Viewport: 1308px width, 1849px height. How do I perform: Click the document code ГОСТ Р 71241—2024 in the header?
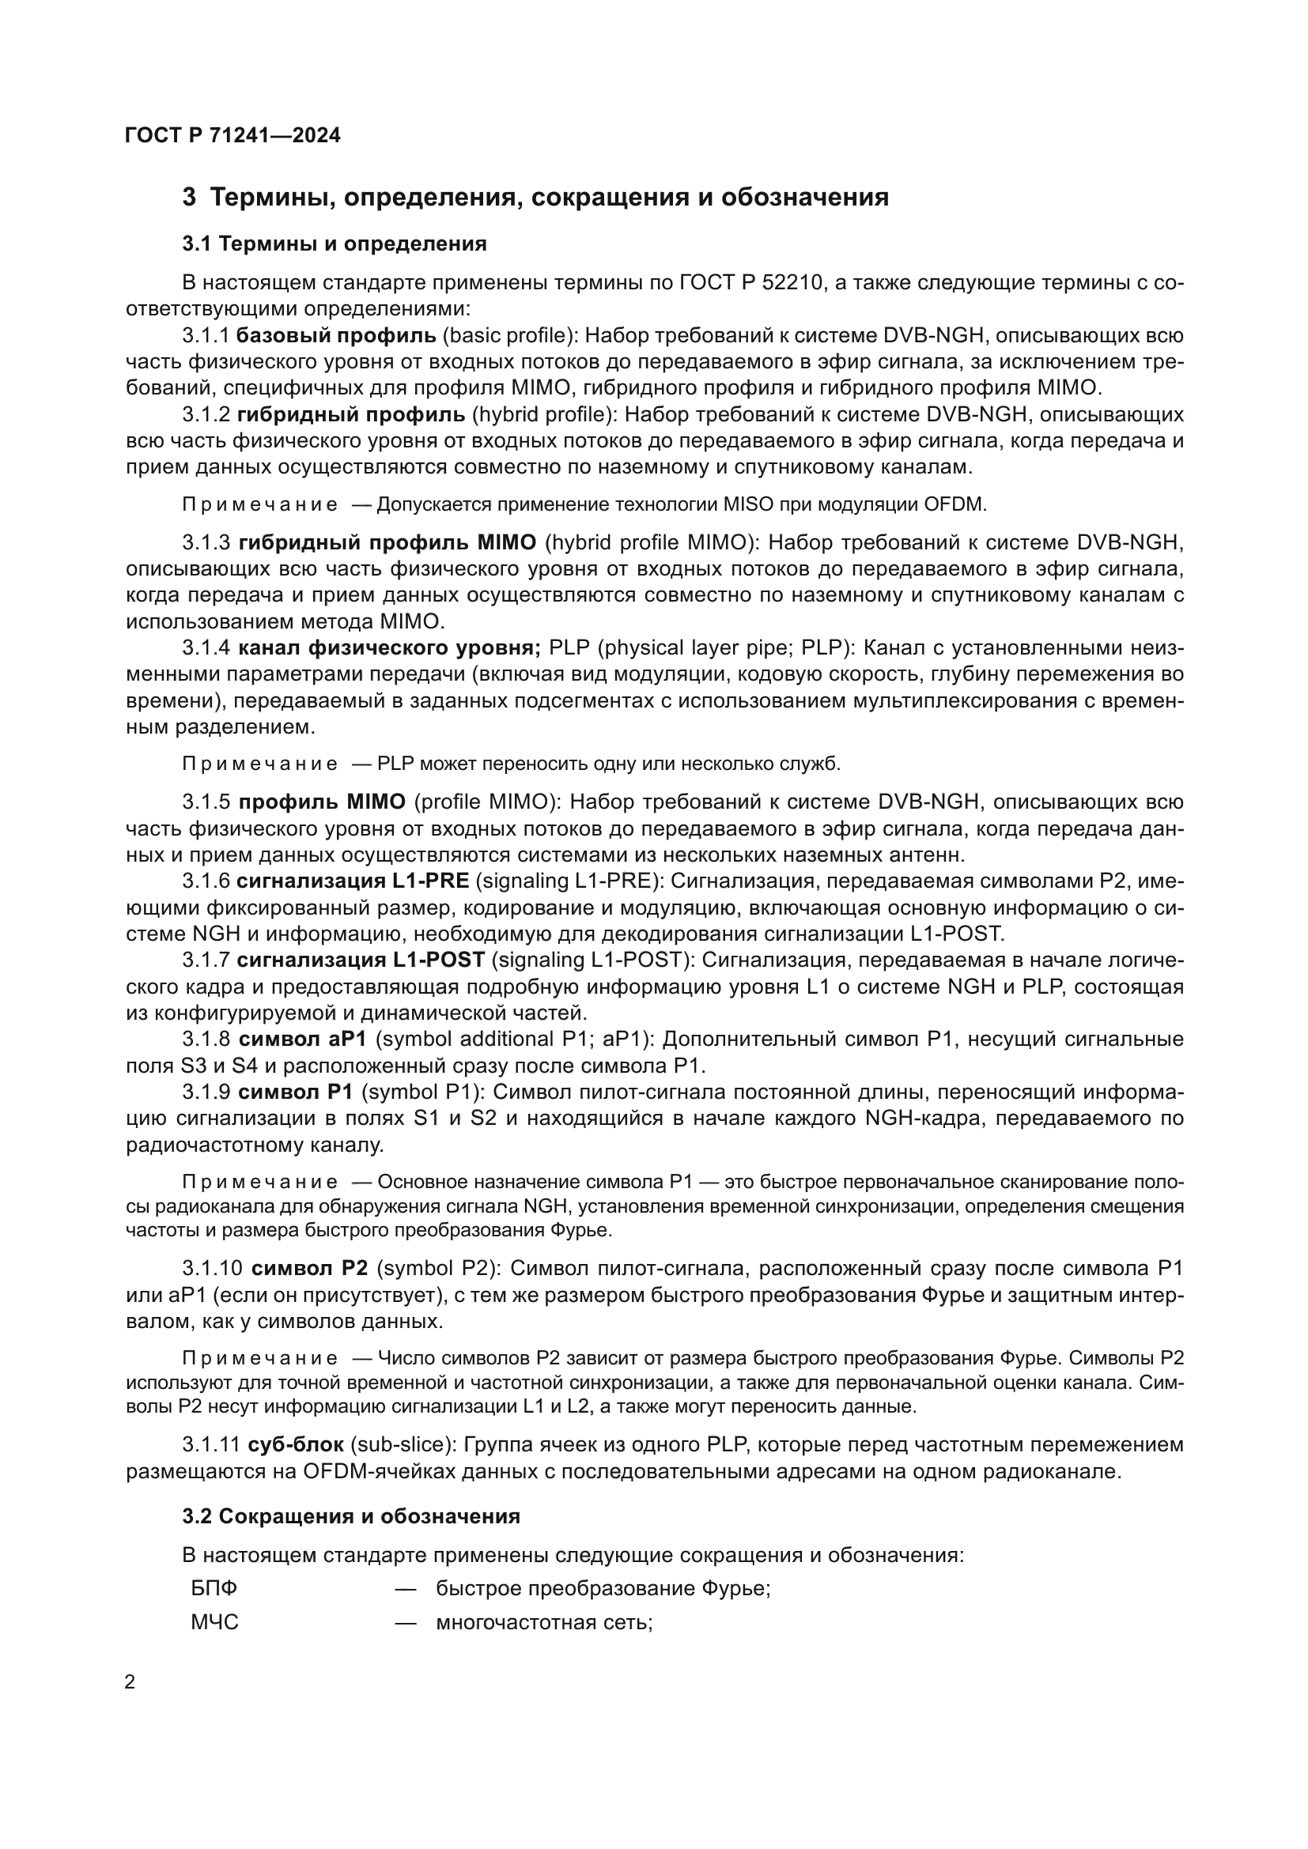click(x=232, y=135)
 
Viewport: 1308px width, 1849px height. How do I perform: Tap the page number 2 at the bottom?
click(x=130, y=1682)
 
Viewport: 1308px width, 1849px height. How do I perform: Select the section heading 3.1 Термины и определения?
click(x=335, y=243)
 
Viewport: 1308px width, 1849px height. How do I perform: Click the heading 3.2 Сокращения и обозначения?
click(x=351, y=1516)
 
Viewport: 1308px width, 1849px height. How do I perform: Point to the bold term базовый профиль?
click(x=337, y=335)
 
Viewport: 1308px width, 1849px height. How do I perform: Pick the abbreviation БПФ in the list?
click(x=214, y=1588)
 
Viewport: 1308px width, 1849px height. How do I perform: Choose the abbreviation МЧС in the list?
click(x=215, y=1622)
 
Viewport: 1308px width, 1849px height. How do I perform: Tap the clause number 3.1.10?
click(x=212, y=1268)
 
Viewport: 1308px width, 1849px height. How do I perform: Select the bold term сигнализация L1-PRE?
click(x=353, y=881)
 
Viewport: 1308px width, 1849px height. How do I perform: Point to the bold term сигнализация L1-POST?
click(x=361, y=959)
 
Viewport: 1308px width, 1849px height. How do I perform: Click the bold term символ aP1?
click(x=303, y=1039)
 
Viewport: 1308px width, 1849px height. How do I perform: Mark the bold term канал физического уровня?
click(x=390, y=647)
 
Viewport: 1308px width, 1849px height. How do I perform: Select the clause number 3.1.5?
click(x=206, y=802)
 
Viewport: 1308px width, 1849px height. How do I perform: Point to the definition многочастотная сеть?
click(x=543, y=1622)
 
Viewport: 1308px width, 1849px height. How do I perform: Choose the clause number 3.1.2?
click(x=206, y=414)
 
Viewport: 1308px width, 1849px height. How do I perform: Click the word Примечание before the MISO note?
click(x=260, y=505)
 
